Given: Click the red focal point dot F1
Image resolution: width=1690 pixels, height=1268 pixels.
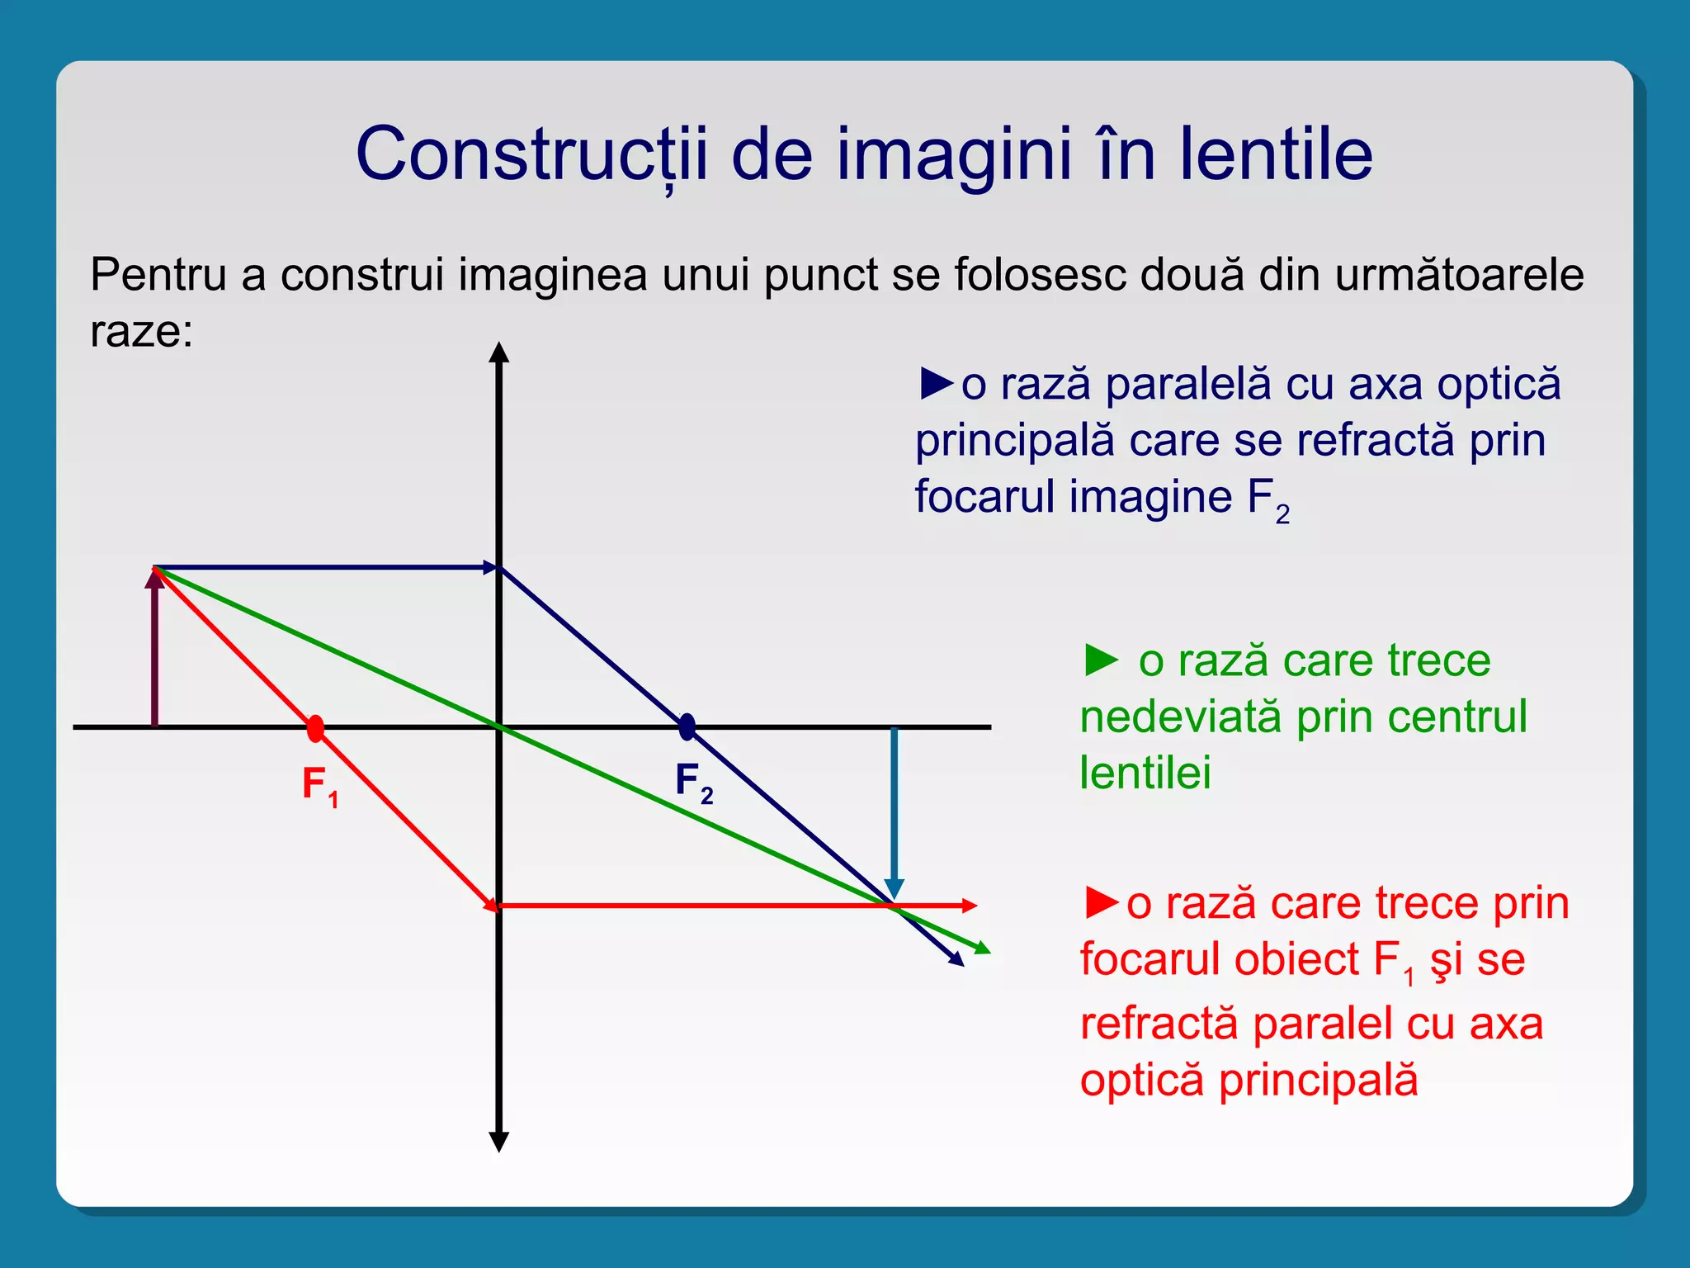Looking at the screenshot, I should coord(315,728).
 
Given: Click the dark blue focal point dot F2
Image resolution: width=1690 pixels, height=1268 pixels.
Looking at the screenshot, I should coord(687,727).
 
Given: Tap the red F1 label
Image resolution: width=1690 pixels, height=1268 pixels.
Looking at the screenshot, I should coord(320,785).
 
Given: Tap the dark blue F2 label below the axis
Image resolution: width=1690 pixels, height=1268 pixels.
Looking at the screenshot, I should coord(693,782).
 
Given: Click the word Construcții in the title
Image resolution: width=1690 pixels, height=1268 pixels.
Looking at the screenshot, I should coord(531,155).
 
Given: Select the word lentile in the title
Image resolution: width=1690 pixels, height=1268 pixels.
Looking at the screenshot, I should coord(1276,155).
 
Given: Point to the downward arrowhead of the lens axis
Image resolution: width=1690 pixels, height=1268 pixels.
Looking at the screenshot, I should coord(498,1142).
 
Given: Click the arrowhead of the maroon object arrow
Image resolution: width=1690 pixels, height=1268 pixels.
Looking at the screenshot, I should coord(154,577).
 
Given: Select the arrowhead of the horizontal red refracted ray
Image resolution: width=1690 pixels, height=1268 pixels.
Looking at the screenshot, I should coord(970,906).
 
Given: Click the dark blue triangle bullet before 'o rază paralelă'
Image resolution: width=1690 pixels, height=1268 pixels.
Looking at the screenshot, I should coord(936,384).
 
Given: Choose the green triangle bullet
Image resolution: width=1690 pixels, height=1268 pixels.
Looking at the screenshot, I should coord(1101,660).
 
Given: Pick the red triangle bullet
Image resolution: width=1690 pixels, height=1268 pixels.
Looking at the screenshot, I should coord(1102,902).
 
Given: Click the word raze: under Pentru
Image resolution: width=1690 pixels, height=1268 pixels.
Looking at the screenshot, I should coord(141,332).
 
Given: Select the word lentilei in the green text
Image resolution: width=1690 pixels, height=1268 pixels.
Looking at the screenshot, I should coord(1145,773).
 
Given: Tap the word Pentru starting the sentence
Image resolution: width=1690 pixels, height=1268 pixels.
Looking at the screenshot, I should coord(158,274).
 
